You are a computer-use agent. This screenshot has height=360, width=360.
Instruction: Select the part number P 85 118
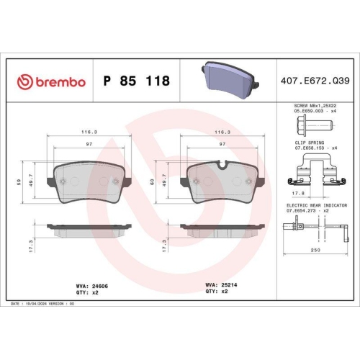tap(137, 81)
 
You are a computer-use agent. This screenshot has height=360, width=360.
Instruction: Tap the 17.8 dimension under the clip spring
tap(296, 192)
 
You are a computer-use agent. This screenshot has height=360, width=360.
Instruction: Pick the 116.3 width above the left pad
tap(89, 132)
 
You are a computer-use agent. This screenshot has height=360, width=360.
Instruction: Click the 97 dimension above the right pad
tap(222, 145)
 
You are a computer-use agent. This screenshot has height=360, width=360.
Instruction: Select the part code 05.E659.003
tap(302, 112)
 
